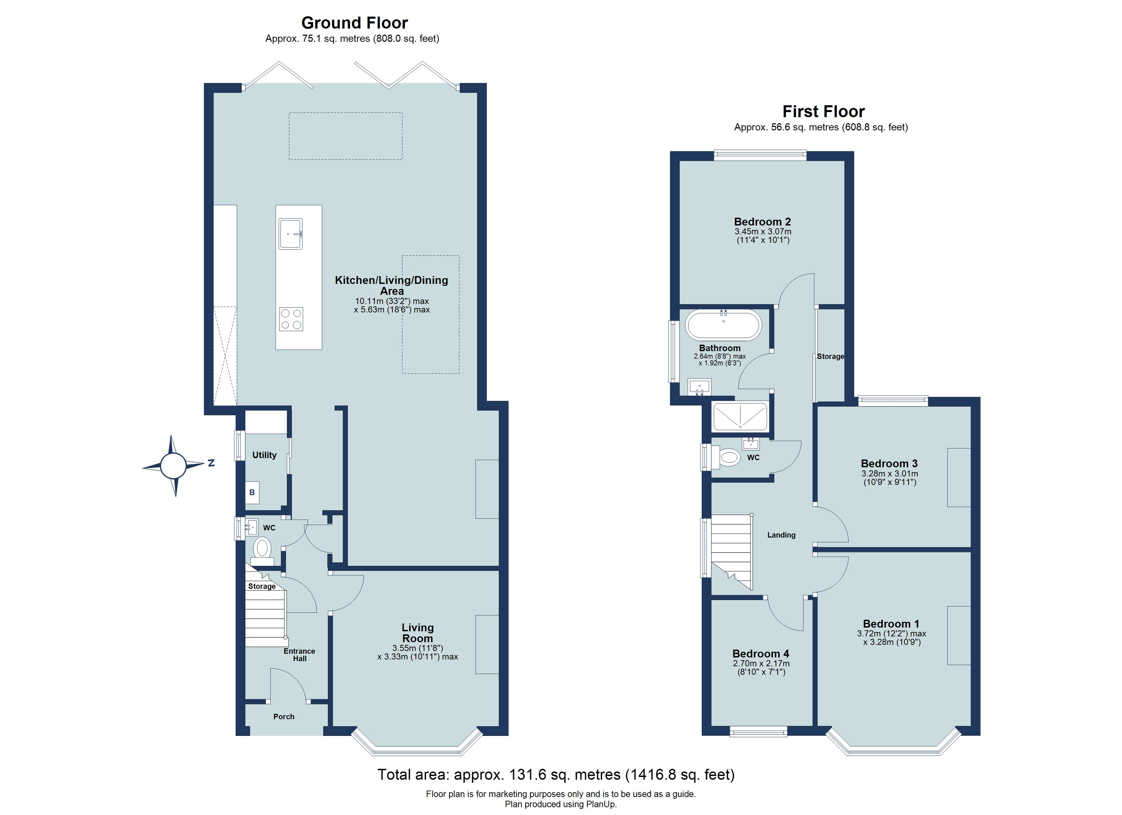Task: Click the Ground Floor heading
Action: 354,23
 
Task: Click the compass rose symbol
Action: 173,466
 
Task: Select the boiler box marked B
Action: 252,493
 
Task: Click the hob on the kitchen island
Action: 291,319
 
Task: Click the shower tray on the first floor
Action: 740,416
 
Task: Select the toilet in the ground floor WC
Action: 262,551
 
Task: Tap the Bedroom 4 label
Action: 761,654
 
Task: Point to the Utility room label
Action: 264,455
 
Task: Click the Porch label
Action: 284,717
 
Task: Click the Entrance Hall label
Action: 299,655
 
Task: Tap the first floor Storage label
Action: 831,356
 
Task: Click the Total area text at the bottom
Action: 556,775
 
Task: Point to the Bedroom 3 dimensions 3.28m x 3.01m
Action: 889,473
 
